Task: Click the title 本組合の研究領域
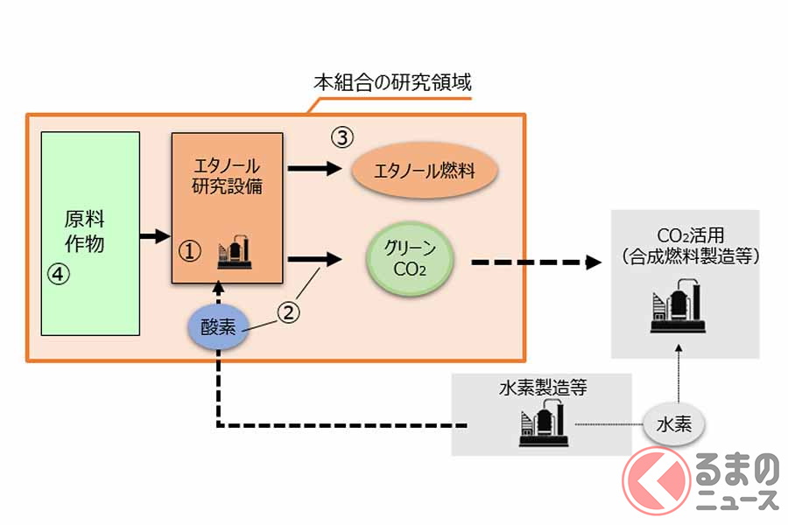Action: (394, 83)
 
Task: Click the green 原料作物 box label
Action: (85, 230)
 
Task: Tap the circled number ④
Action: (57, 274)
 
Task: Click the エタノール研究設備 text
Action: (227, 174)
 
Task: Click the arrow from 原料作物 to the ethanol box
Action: (154, 235)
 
